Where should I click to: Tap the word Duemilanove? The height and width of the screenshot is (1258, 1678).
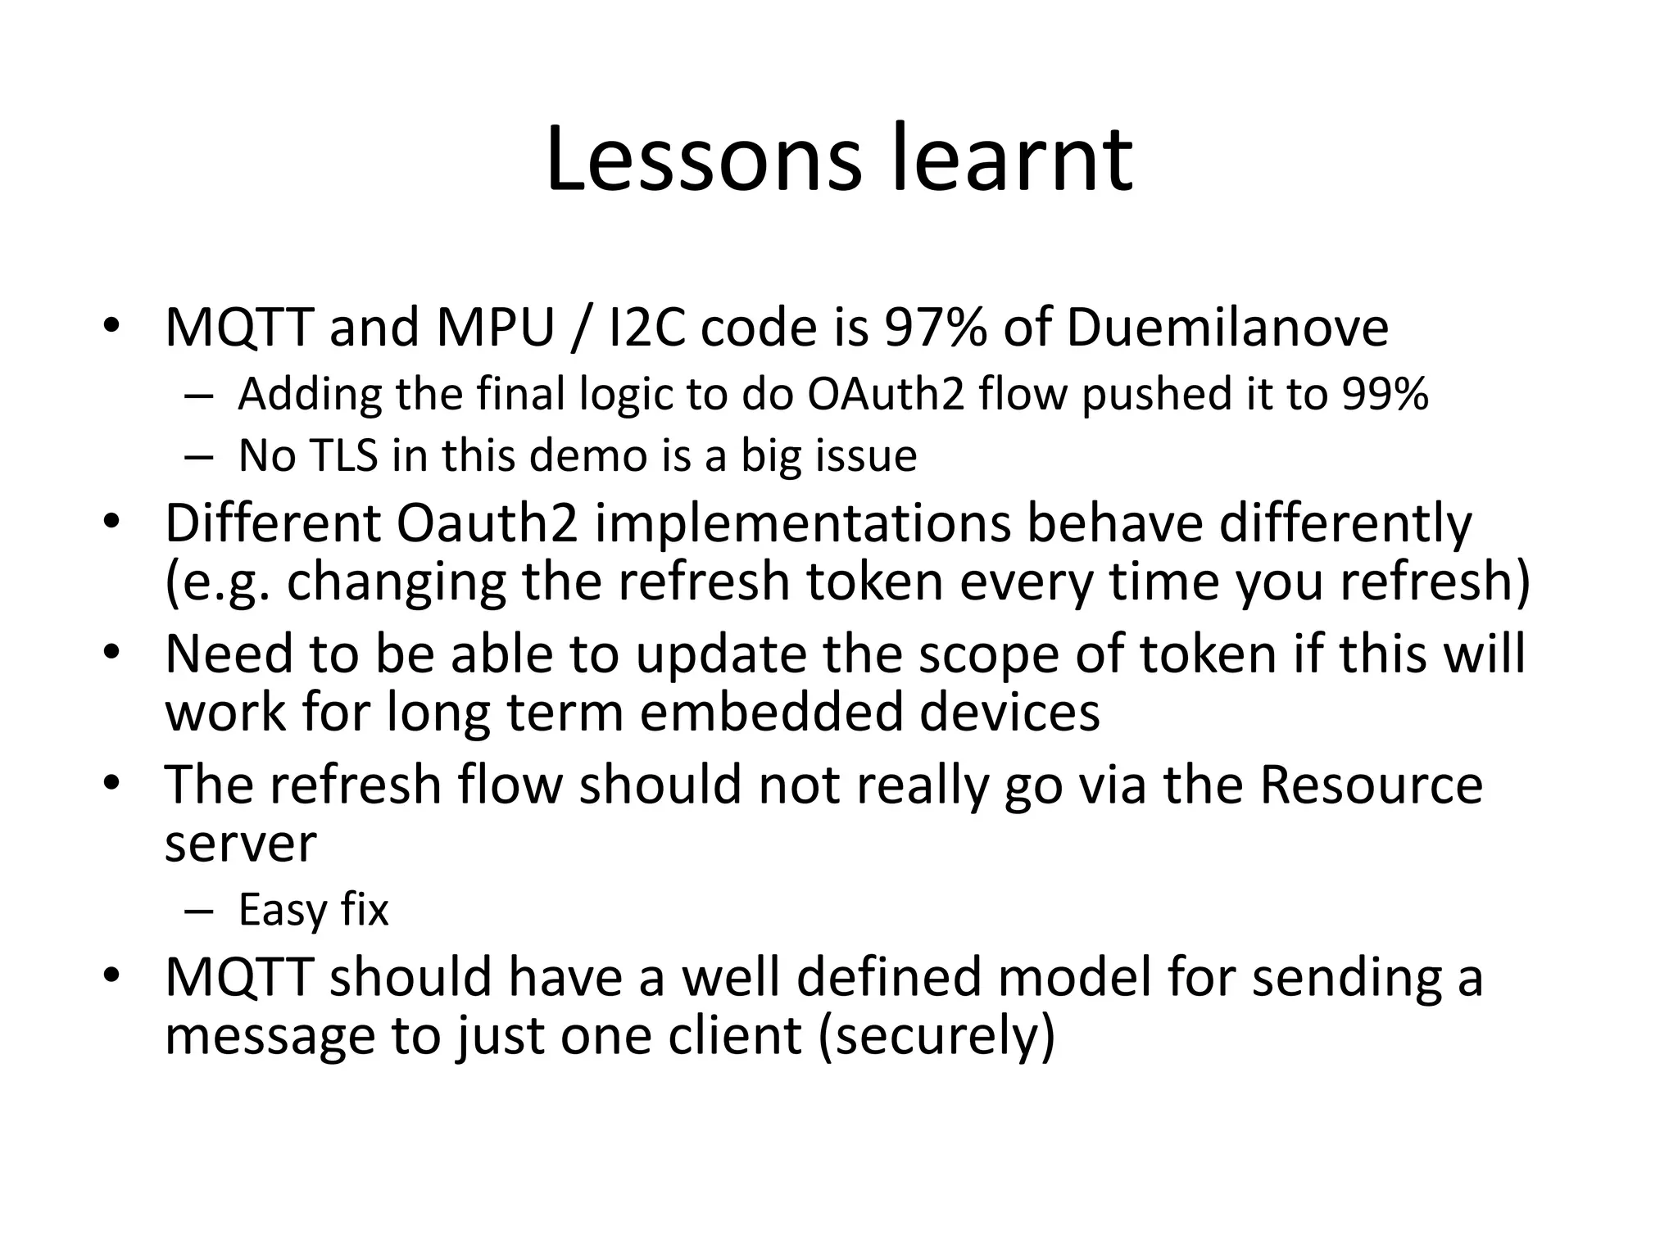coord(1227,328)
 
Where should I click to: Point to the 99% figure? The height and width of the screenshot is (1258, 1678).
coord(1385,394)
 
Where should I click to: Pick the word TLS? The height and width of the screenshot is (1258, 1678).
coord(343,455)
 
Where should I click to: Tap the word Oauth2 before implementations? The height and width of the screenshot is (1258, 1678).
coord(487,523)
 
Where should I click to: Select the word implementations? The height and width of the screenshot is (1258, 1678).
coord(803,523)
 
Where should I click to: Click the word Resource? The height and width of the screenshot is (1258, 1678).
coord(1371,785)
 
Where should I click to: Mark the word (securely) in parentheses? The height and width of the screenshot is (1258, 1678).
coord(937,1036)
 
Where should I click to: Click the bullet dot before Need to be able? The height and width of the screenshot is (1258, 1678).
coord(112,653)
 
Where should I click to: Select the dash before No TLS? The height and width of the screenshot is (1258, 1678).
coord(198,457)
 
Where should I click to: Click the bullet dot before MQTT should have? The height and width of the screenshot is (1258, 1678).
coord(112,975)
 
